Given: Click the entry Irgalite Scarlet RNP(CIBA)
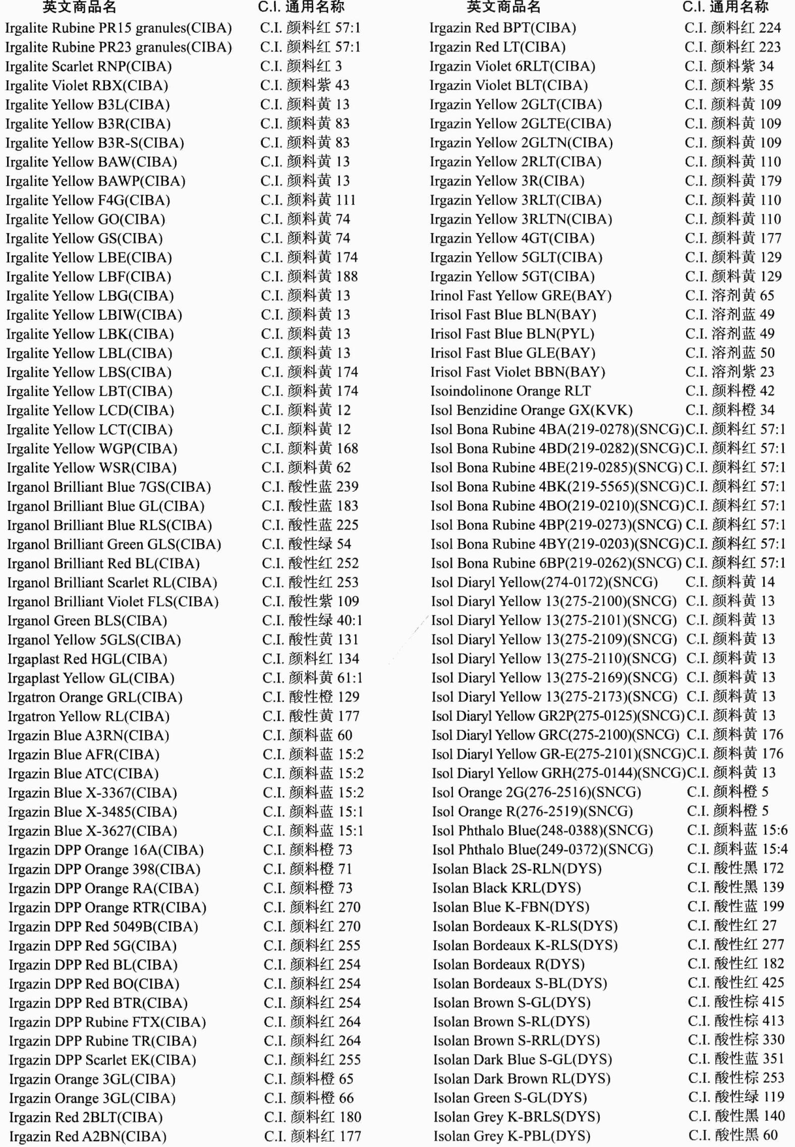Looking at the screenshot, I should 88,67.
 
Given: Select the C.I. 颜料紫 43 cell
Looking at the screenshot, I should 305,85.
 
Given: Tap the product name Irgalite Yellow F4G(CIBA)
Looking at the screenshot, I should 88,200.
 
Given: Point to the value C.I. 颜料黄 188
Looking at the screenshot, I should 309,276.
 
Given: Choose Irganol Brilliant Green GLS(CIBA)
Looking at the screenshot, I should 114,544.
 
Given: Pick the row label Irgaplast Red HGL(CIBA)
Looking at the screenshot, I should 87,659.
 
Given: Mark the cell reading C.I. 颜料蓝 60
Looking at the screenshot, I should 307,735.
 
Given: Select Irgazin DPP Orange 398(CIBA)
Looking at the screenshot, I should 104,869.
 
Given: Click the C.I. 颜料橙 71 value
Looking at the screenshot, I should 308,869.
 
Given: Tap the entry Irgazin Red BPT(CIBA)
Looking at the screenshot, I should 502,28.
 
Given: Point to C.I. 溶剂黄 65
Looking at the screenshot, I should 729,296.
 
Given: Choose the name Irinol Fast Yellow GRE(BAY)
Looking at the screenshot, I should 521,296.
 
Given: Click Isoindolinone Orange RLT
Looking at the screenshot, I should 510,391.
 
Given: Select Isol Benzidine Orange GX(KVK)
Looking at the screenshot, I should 531,410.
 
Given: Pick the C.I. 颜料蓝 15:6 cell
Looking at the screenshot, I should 737,830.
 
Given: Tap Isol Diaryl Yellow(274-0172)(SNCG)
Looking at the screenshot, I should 544,582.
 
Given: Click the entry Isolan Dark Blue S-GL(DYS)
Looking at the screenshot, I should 522,1059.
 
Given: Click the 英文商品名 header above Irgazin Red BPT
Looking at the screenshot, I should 503,7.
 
